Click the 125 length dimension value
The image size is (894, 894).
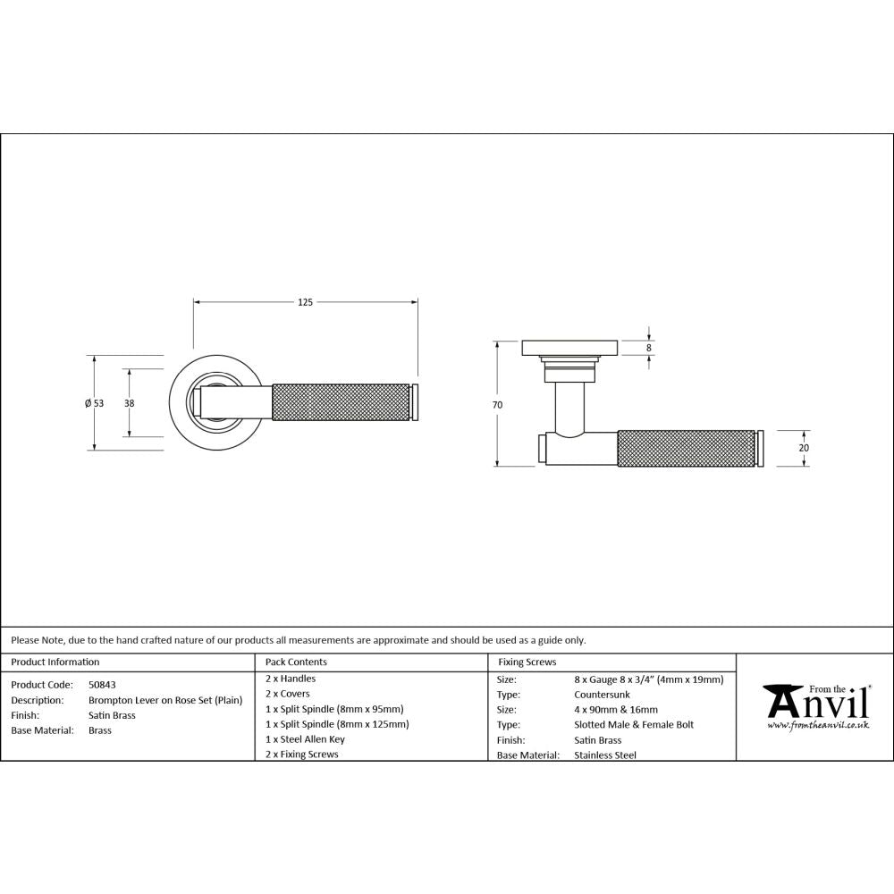(305, 303)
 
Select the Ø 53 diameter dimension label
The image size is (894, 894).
(94, 403)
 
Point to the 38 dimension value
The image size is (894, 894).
(130, 403)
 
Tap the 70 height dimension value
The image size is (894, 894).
(497, 405)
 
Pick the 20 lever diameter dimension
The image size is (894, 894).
(804, 448)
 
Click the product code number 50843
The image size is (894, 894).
(102, 685)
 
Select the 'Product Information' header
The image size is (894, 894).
(55, 662)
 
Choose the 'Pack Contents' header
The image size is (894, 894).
(297, 662)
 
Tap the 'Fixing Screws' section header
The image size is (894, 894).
(527, 662)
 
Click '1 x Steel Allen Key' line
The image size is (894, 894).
(305, 739)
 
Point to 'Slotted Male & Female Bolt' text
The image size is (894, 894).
(633, 725)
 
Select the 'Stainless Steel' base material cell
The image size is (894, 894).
(605, 755)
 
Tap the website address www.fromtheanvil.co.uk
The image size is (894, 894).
(818, 725)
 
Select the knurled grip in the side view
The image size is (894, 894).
(687, 448)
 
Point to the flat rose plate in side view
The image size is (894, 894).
(569, 346)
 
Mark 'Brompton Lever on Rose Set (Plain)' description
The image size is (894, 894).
(165, 700)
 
